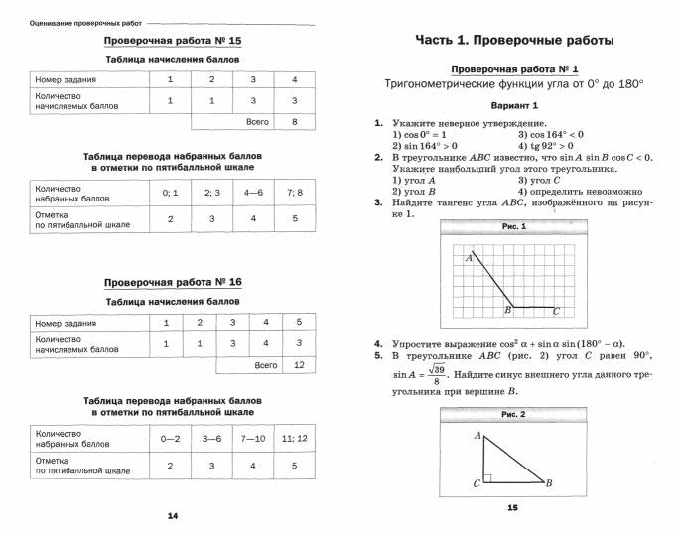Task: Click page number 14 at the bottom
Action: tap(172, 515)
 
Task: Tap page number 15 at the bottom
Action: tap(512, 507)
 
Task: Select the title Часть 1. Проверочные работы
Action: tap(512, 40)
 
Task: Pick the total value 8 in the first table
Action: tap(293, 122)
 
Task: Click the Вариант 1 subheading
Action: tap(513, 105)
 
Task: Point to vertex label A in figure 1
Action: tap(468, 257)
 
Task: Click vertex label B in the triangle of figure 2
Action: tap(549, 483)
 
